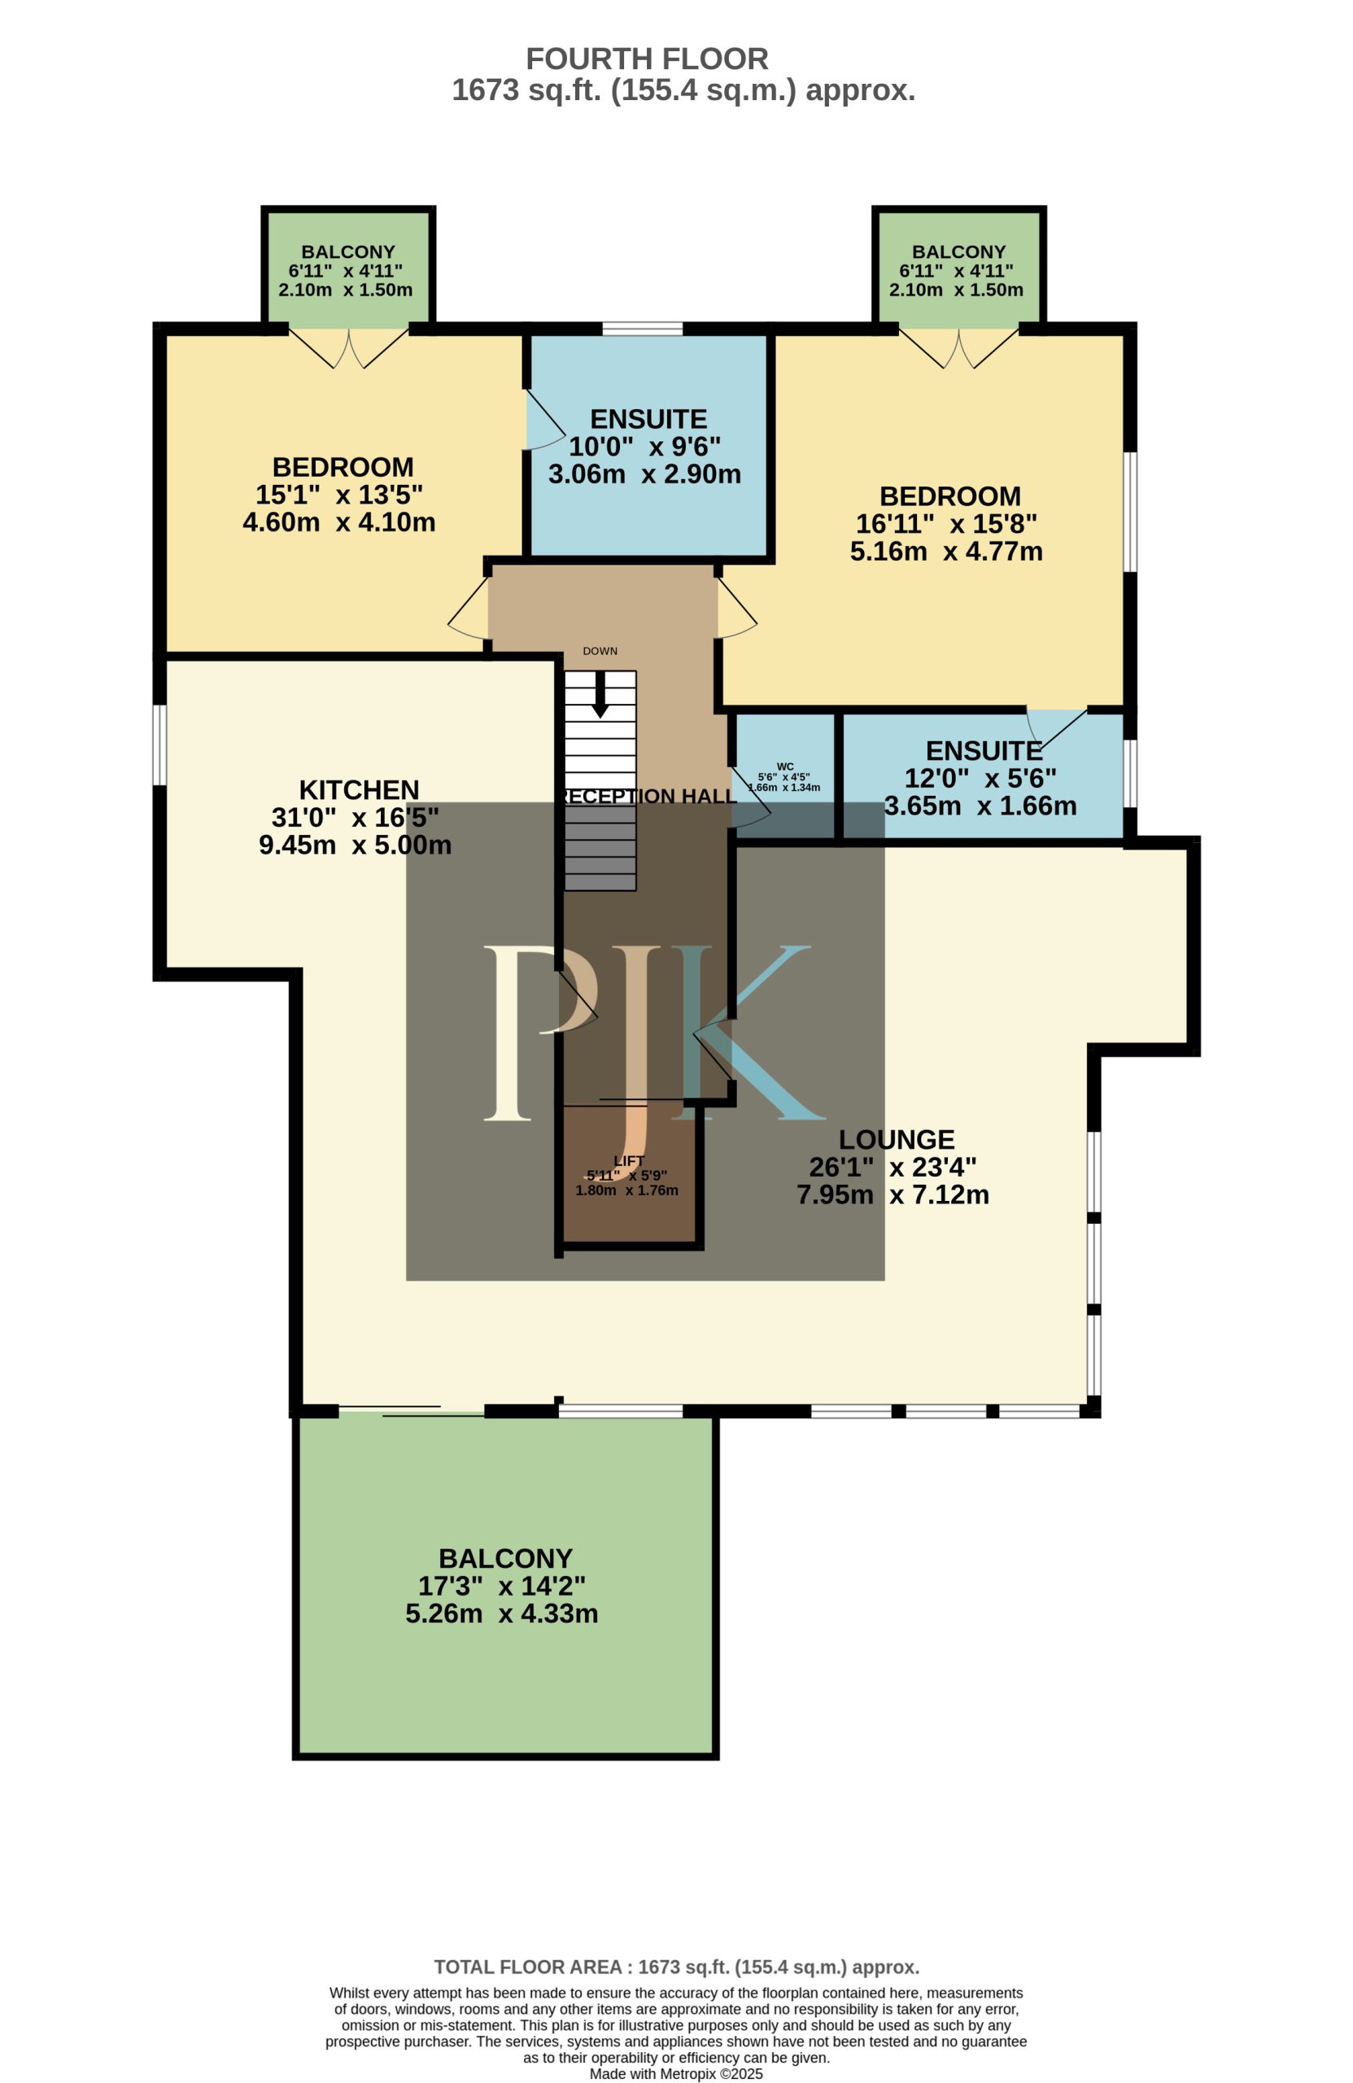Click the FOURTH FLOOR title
pos(647,59)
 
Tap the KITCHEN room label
pos(359,789)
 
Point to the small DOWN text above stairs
pos(600,651)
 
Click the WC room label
pos(785,766)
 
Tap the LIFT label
pos(629,1161)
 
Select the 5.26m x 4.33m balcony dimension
pos(501,1613)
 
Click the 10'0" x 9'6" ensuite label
pos(645,447)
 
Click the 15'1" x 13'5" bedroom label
pos(339,495)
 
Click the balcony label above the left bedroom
pos(347,252)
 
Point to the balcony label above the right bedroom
pos(958,252)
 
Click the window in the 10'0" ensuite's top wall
pos(643,329)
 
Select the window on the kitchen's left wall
pos(160,745)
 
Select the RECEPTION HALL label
pos(648,797)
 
